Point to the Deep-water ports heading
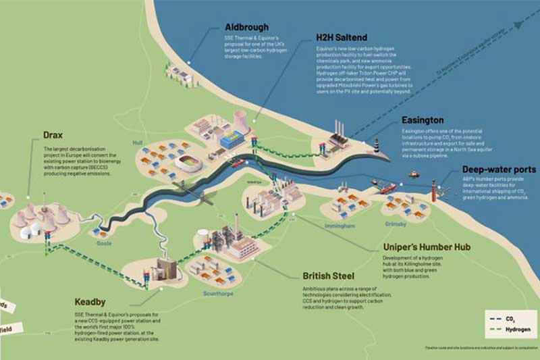[499, 170]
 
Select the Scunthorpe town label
[222, 293]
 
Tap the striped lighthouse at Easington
[377, 145]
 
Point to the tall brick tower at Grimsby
[434, 190]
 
